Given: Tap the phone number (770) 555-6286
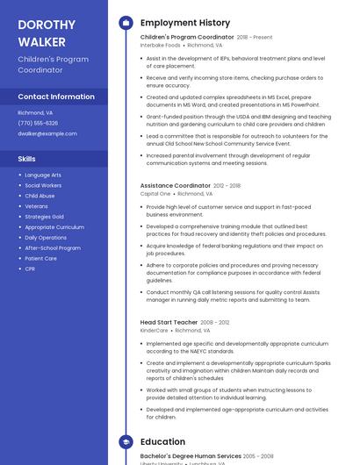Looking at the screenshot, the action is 38,123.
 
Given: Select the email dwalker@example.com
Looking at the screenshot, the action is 47,133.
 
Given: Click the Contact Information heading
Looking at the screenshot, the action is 56,97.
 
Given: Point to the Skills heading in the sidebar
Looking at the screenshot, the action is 27,159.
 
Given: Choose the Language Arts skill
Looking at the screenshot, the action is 43,175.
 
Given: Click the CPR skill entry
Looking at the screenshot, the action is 30,269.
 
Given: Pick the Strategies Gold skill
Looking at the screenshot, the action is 44,217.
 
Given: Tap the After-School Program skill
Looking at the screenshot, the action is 53,248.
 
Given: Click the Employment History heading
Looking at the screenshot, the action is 185,23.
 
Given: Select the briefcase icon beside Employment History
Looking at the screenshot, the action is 126,23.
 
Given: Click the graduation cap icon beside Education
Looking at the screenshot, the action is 126,442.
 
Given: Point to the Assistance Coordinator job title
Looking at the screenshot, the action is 176,186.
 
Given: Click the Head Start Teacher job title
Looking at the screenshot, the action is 169,323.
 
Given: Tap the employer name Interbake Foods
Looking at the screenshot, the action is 160,45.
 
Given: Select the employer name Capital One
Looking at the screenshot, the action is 155,194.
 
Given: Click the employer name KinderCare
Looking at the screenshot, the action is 155,331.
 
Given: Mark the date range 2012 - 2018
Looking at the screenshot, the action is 227,186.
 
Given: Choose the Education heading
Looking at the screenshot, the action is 162,442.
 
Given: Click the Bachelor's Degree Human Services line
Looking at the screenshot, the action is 191,456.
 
